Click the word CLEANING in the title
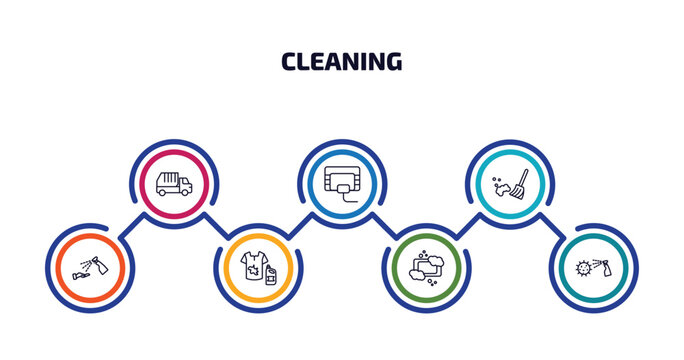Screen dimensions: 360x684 pos(342,62)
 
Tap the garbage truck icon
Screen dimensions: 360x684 pos(174,183)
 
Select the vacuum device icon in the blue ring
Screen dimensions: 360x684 pos(342,181)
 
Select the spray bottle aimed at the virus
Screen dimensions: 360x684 pos(603,265)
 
